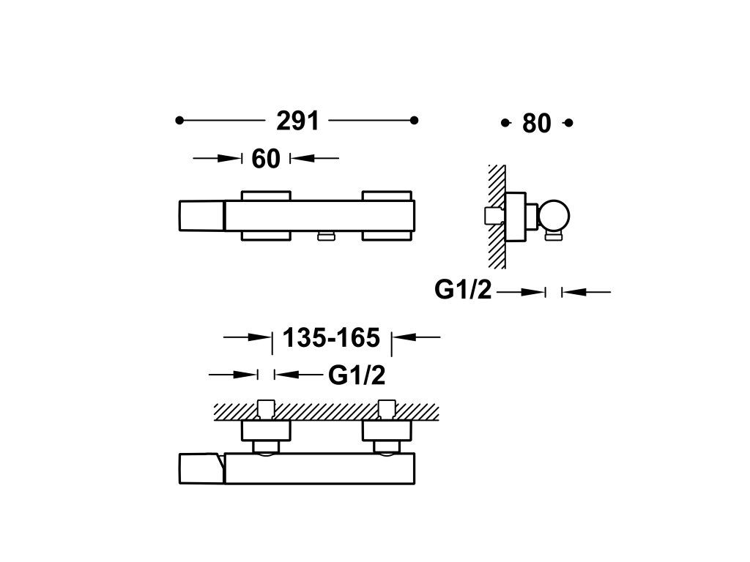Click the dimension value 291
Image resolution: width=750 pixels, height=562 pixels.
coord(298,121)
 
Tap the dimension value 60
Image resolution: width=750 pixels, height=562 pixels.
coord(266,158)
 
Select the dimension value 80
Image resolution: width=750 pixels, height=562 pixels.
coord(537,124)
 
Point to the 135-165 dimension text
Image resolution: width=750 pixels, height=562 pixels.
coord(331,337)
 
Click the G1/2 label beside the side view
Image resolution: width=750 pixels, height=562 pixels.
coord(462,291)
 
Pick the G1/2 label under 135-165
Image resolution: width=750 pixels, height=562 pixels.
coord(356,375)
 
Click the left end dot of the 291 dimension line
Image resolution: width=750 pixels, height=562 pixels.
coord(179,120)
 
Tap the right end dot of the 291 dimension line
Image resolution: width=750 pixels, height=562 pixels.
coord(414,120)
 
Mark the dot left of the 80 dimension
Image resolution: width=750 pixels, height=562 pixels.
coord(504,123)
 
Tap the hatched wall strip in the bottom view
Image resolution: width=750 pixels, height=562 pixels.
coord(326,411)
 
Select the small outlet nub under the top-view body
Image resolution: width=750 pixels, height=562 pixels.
coord(324,234)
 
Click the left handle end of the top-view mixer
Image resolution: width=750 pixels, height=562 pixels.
coord(201,217)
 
